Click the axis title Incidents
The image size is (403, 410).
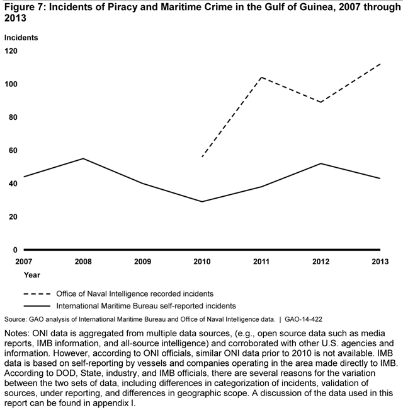(x=22, y=37)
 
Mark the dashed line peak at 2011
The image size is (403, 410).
(x=261, y=78)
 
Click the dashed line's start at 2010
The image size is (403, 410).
(x=201, y=157)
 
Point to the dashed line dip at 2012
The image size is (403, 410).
(x=321, y=102)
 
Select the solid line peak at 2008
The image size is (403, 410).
(x=83, y=158)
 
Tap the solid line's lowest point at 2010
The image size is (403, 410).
(x=201, y=202)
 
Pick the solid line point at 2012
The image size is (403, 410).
(x=321, y=163)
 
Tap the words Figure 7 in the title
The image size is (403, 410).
(x=25, y=8)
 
